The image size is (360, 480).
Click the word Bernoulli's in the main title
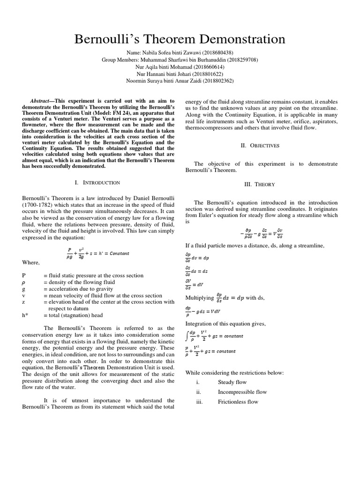118,39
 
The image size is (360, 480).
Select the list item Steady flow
232,382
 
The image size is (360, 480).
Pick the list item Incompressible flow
242,392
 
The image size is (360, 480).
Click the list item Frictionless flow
238,402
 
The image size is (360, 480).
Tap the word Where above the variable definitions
31,262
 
